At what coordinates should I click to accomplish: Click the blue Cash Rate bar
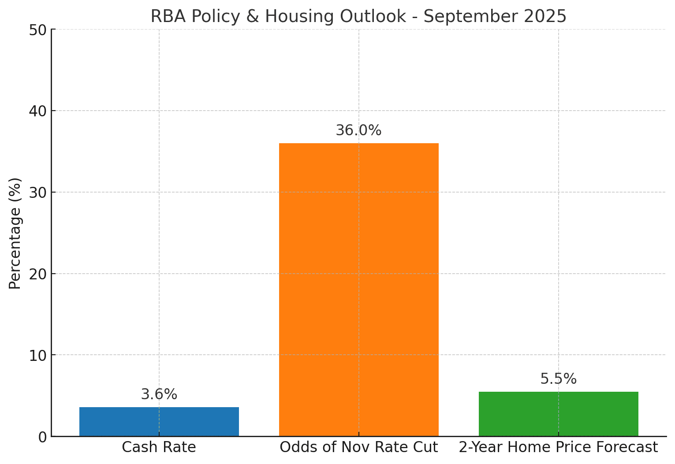tap(159, 422)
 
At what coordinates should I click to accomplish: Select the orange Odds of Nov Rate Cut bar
tap(359, 290)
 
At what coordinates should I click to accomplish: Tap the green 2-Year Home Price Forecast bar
tap(559, 414)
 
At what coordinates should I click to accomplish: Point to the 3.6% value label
tap(159, 394)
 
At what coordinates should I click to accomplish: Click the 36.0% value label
tap(358, 130)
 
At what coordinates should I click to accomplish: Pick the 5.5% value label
tap(559, 379)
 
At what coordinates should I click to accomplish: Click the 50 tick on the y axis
tap(38, 30)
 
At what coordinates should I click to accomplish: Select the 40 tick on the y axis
tap(38, 111)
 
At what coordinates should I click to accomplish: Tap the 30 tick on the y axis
tap(38, 192)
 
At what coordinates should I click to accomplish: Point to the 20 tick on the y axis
tap(38, 274)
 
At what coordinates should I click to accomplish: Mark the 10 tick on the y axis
tap(38, 355)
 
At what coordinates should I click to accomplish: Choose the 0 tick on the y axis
tap(43, 437)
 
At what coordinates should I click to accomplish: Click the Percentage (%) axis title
tap(15, 233)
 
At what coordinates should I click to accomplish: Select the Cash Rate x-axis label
tap(159, 447)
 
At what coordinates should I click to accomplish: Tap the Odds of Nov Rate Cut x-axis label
tap(359, 447)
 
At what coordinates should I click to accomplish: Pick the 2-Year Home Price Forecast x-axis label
tap(559, 447)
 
